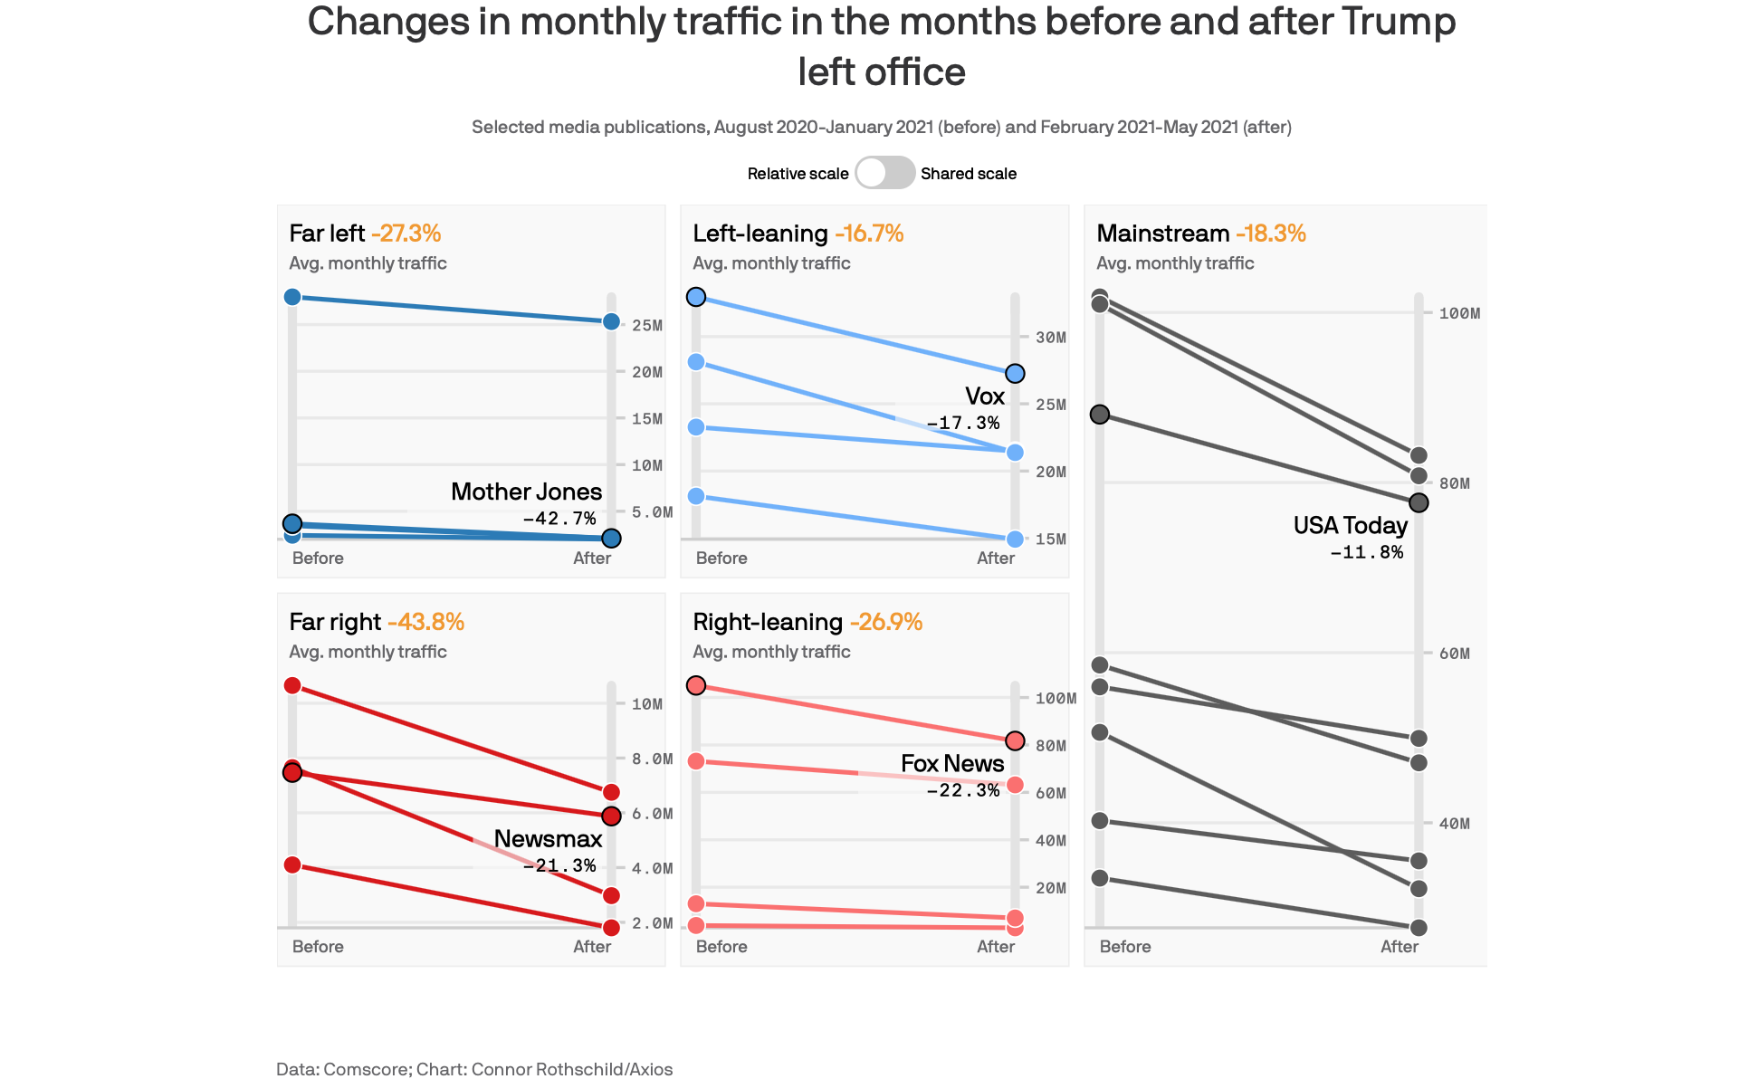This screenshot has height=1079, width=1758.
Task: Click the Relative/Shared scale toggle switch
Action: coord(884,173)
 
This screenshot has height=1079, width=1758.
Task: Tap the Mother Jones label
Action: coord(526,492)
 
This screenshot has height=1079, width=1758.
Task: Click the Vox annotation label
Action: coord(984,396)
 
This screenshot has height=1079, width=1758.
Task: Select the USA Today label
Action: coord(1350,526)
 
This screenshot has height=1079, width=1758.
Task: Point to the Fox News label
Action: coord(952,764)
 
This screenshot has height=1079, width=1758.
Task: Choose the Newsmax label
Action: coord(548,839)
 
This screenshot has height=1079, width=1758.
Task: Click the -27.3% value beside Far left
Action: coord(406,234)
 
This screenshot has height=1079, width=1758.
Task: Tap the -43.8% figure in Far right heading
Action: coord(425,622)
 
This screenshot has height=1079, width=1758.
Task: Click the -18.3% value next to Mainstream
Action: coord(1270,234)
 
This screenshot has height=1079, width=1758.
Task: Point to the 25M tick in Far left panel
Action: coord(647,326)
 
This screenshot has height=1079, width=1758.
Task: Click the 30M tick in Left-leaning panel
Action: coord(1051,338)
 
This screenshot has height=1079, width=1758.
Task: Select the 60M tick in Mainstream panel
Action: coord(1455,654)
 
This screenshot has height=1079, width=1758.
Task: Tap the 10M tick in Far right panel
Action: coord(647,704)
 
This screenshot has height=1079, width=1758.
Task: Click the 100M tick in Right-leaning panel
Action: coord(1056,699)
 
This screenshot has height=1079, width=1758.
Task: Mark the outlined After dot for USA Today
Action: coord(1419,502)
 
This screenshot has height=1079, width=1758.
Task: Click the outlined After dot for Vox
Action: coord(1015,374)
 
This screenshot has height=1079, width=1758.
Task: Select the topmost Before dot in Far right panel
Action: coord(292,685)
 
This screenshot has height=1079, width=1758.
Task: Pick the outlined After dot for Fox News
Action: coord(1015,740)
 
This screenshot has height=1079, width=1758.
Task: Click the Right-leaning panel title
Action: coord(768,622)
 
